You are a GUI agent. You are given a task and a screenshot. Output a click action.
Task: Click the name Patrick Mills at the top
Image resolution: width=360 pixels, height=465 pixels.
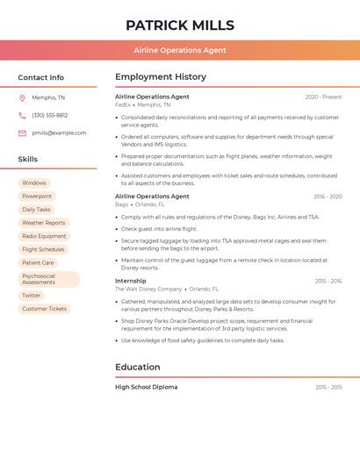[179, 25]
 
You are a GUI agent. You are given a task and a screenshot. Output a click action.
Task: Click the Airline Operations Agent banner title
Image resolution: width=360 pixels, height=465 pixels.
[179, 50]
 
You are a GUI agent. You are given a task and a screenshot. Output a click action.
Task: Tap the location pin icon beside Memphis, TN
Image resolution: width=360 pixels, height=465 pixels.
[22, 97]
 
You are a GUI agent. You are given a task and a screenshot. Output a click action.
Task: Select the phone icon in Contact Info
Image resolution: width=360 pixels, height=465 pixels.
[22, 115]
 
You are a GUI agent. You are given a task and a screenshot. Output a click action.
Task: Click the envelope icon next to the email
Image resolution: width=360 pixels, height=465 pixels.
[22, 133]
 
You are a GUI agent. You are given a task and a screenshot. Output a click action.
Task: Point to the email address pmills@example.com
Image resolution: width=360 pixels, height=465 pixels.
[59, 133]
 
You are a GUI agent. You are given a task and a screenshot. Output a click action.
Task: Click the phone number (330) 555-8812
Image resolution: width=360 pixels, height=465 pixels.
[49, 115]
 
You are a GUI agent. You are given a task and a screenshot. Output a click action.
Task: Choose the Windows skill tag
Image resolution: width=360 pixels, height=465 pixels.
[35, 183]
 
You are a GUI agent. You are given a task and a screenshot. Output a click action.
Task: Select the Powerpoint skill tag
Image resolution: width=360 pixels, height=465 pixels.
[37, 197]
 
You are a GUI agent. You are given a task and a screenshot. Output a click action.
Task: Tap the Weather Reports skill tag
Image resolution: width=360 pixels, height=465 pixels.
[43, 223]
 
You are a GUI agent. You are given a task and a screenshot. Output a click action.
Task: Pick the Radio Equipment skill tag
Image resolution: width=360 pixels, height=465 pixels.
[44, 236]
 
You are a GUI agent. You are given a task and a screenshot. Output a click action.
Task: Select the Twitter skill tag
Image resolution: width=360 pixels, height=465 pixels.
[32, 296]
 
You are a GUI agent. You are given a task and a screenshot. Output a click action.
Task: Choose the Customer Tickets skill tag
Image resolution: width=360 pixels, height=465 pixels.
[44, 309]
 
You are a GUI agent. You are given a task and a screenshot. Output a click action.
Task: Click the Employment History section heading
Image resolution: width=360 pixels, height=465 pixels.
[161, 77]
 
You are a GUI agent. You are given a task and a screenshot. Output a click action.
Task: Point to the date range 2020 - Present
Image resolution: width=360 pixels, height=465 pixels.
[323, 97]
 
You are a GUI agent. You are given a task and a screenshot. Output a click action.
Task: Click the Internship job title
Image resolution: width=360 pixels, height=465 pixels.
[131, 281]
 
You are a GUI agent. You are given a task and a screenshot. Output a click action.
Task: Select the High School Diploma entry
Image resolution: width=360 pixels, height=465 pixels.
[146, 387]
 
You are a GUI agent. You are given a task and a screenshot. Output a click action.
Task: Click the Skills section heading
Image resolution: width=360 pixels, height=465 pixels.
[28, 160]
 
